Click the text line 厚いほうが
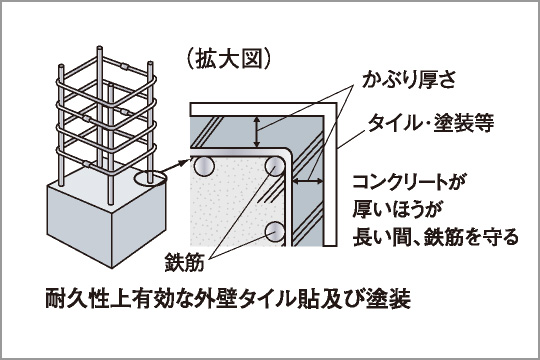[397, 210]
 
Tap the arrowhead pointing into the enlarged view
[186, 158]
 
